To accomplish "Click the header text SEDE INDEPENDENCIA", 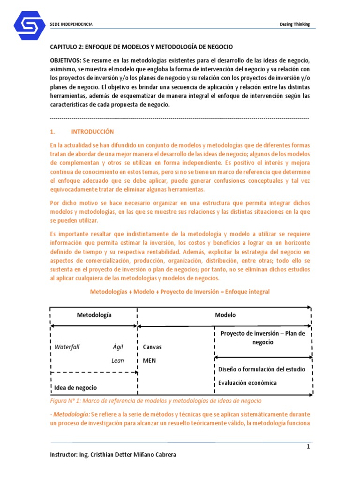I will [x=71, y=24].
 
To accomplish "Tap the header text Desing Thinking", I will [x=294, y=24].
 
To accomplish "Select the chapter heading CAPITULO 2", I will [x=141, y=47].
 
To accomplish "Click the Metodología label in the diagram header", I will [x=94, y=315].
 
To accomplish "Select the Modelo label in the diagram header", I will [x=225, y=315].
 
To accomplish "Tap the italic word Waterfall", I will [x=67, y=347].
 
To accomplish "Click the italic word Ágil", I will [x=118, y=347].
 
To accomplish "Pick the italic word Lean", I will [x=118, y=360].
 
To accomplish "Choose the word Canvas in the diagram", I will [x=152, y=347].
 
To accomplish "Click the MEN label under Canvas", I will [x=150, y=361].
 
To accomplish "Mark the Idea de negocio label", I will [x=76, y=388].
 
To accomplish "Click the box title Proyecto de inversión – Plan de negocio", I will [x=262, y=337].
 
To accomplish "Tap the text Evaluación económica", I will [x=247, y=382].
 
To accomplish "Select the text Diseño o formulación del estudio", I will [x=262, y=369].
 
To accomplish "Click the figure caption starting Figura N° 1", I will [x=156, y=401].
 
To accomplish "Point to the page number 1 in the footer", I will [x=308, y=447].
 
